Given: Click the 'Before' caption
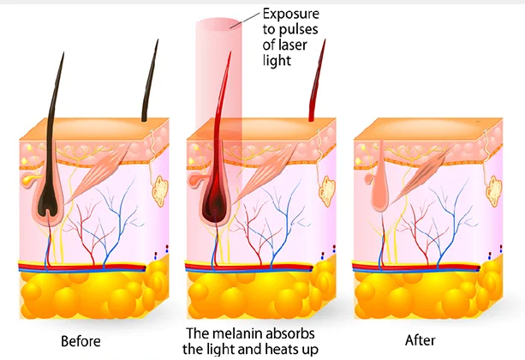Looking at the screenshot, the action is click(81, 340).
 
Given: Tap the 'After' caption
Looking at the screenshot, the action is click(421, 339).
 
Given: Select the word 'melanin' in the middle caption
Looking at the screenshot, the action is click(248, 333).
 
